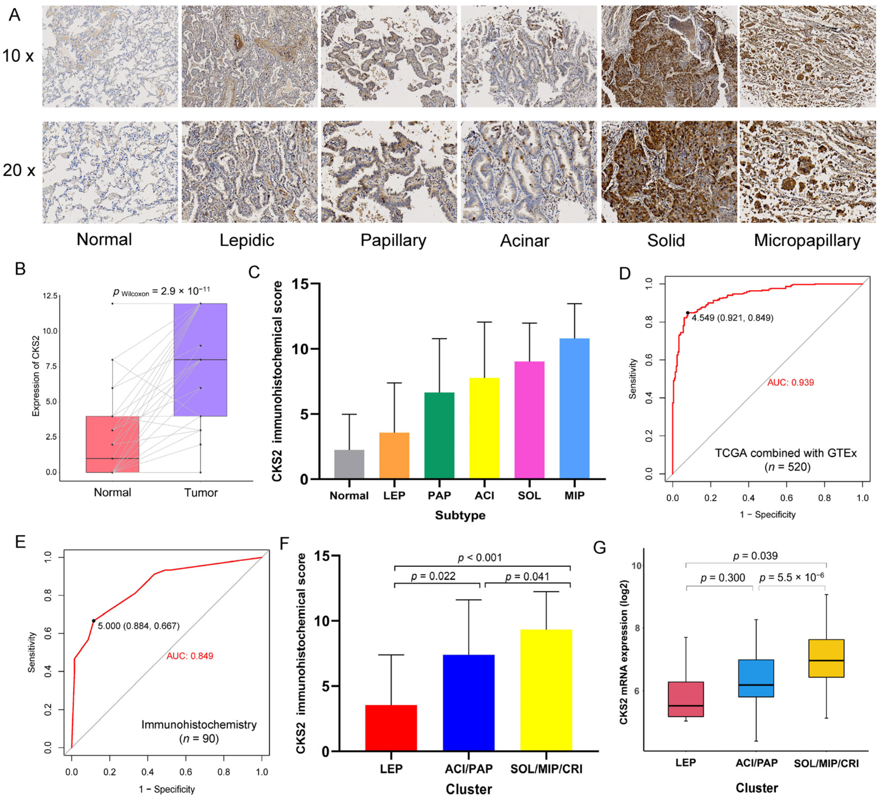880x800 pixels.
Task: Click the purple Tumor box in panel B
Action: pyautogui.click(x=200, y=359)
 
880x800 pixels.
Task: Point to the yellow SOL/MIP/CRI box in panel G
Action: pyautogui.click(x=826, y=658)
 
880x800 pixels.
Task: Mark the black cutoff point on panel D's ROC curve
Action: pyautogui.click(x=688, y=313)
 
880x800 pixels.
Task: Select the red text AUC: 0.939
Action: pyautogui.click(x=791, y=383)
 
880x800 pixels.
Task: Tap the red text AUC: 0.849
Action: pyautogui.click(x=190, y=656)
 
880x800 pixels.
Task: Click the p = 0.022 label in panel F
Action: pyautogui.click(x=433, y=576)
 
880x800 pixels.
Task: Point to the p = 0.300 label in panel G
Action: pyautogui.click(x=722, y=578)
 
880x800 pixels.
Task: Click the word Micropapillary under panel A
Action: pyautogui.click(x=807, y=241)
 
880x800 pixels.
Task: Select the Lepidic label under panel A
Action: pyautogui.click(x=247, y=241)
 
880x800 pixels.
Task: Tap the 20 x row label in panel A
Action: pyautogui.click(x=19, y=170)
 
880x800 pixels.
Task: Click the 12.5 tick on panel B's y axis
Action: pyautogui.click(x=50, y=296)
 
